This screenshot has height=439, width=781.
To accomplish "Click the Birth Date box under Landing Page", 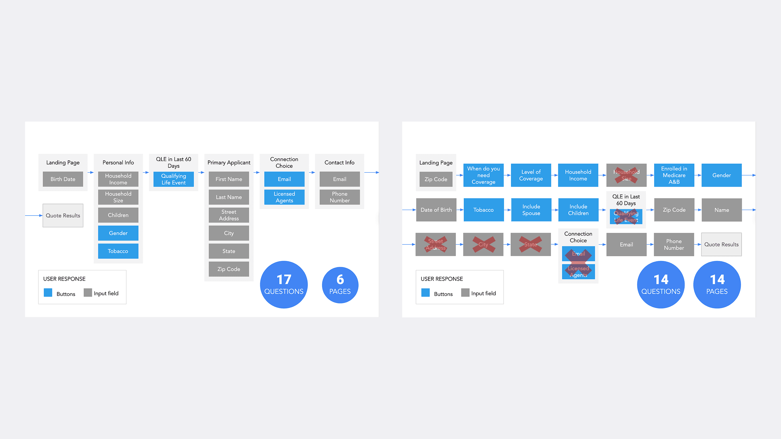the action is point(63,179).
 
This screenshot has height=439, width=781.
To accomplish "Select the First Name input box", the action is point(229,179).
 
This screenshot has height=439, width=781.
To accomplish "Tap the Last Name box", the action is point(229,197).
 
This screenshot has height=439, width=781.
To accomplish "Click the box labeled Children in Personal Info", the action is point(118,215).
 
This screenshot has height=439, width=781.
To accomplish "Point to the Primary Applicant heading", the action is point(229,162).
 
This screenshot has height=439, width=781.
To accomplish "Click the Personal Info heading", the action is point(118,162).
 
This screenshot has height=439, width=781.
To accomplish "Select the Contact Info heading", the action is point(339,162).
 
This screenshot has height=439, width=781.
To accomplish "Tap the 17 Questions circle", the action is point(284,285).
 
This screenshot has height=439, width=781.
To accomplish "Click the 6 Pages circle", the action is point(340,285).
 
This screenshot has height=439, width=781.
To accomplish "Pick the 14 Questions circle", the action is point(661,285).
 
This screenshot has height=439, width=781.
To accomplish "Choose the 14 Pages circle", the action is point(717,285).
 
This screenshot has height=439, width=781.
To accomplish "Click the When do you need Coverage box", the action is point(483,175).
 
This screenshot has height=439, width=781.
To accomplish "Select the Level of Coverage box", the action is point(531,175).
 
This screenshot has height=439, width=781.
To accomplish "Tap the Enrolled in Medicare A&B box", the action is point(674,175).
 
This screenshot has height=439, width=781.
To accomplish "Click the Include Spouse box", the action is point(531,210).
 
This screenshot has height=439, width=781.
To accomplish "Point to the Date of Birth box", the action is point(436,210).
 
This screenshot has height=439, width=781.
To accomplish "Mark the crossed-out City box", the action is point(483,245).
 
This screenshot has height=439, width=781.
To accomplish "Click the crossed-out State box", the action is point(530,245).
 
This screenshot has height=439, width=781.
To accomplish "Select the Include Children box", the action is point(578,210).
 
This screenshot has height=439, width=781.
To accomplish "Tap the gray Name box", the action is point(721,210).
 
